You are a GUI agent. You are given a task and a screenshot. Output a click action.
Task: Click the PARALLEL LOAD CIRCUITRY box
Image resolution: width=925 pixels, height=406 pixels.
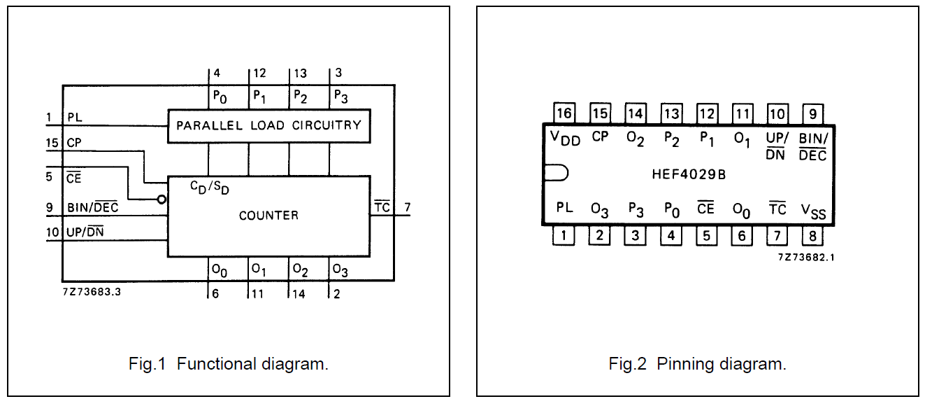(x=268, y=126)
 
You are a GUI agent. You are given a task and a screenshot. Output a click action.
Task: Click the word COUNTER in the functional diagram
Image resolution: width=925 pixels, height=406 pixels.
(x=268, y=216)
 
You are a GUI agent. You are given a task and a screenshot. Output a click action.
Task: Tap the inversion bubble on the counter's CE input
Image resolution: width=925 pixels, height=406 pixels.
(x=162, y=199)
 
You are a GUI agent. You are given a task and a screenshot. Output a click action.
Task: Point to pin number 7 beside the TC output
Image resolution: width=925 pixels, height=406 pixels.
(x=407, y=207)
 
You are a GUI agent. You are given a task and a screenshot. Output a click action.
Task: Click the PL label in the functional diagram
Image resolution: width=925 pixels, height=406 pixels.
(x=75, y=118)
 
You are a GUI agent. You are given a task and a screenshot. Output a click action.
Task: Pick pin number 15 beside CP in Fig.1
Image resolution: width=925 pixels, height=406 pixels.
(x=52, y=143)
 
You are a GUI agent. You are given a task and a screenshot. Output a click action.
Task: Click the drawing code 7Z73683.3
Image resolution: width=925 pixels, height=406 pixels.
(x=92, y=292)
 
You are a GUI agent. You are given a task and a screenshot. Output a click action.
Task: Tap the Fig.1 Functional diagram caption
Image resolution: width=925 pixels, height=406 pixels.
(x=229, y=364)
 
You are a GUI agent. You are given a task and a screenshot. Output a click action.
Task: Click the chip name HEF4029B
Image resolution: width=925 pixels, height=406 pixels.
(x=689, y=174)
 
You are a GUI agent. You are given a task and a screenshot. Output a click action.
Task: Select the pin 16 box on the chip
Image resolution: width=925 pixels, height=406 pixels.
(x=564, y=113)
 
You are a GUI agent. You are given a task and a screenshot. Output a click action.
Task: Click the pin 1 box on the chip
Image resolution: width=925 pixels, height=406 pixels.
(x=564, y=235)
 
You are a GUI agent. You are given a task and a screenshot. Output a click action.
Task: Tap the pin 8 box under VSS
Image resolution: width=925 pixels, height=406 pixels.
(x=812, y=235)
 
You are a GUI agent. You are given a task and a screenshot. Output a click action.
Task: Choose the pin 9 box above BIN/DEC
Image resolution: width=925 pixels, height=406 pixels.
(x=812, y=113)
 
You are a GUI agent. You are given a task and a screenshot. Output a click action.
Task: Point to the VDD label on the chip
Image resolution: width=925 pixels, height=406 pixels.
(x=565, y=138)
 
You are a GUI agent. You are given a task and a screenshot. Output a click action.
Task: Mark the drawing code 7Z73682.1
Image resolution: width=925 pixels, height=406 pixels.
(x=806, y=257)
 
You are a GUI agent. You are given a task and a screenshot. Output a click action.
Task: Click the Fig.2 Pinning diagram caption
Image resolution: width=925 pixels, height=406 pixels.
(x=697, y=364)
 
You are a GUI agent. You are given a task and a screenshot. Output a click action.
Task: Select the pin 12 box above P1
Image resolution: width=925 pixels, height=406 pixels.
(x=706, y=113)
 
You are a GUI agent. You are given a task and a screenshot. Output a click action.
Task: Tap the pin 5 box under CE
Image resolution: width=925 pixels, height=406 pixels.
(x=706, y=235)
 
